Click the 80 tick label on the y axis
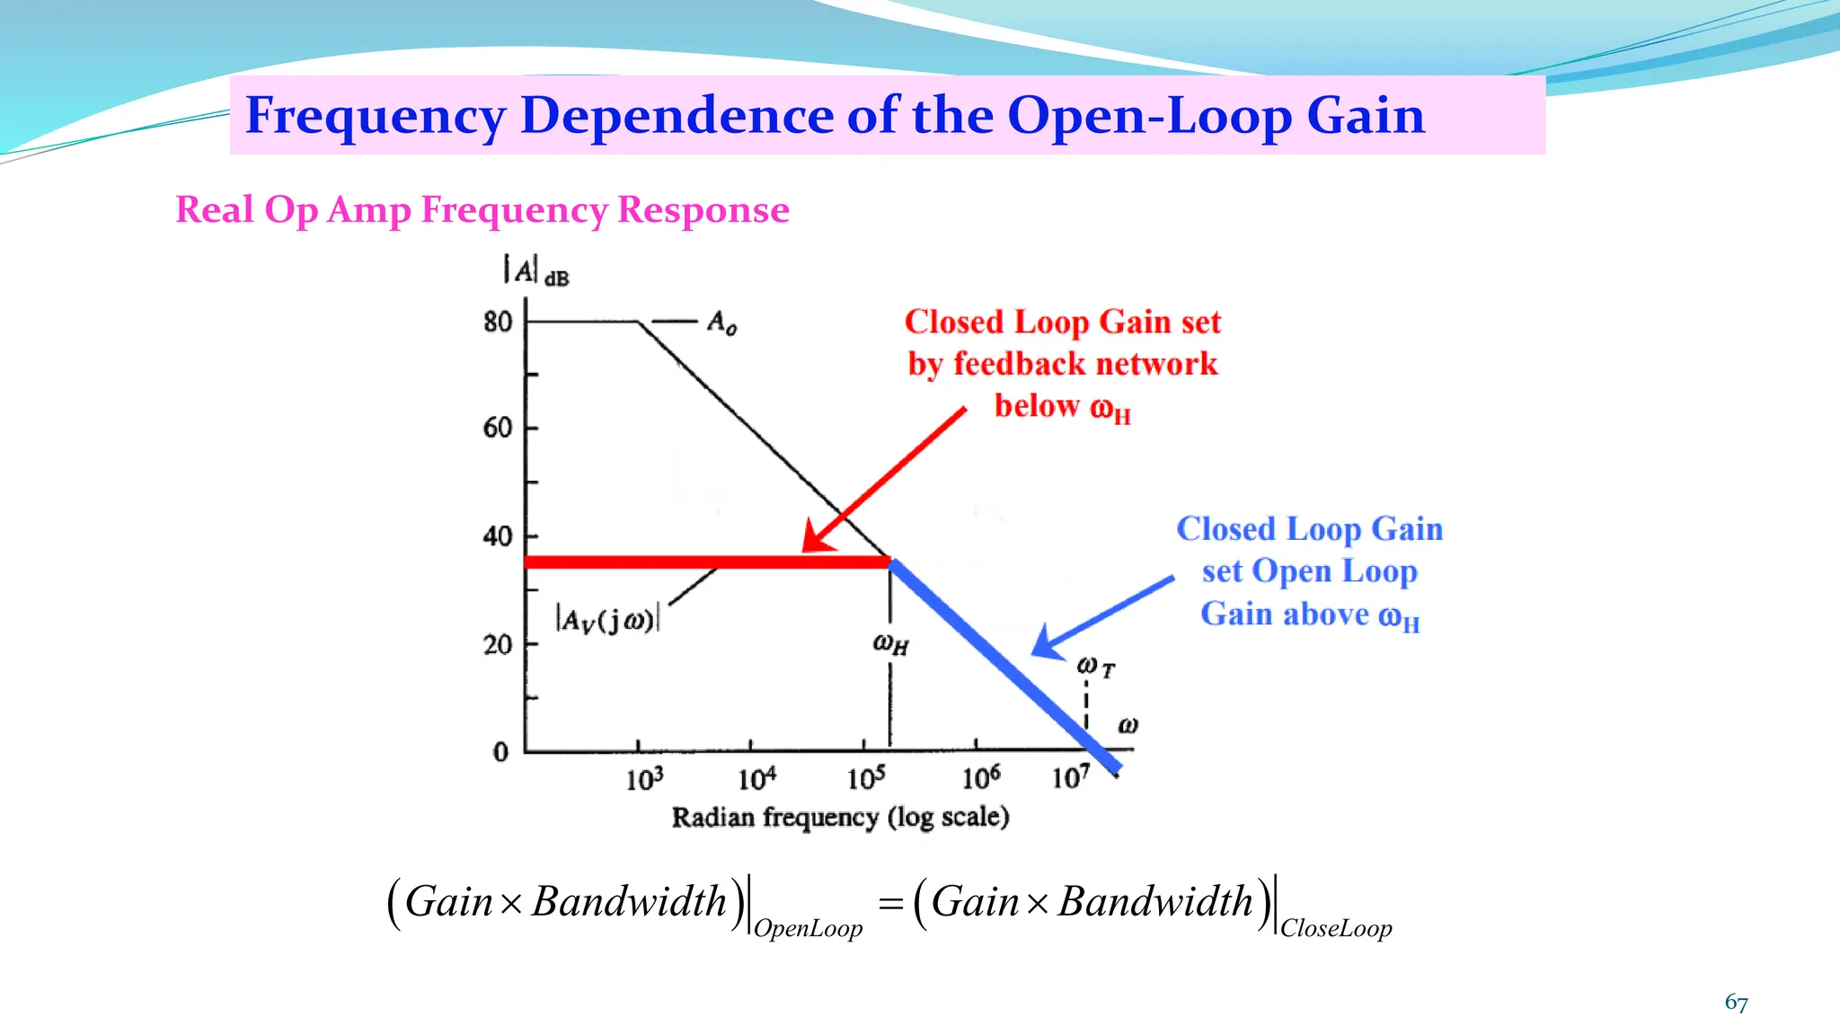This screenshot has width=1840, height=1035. tap(498, 322)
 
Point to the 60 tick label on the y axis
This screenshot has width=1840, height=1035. tap(498, 428)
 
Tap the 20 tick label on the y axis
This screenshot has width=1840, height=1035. tap(498, 645)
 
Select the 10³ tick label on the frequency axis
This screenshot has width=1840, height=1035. tap(644, 778)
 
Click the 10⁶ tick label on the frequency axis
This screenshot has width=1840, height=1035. tap(981, 777)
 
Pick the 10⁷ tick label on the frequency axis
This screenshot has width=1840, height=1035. tap(1071, 776)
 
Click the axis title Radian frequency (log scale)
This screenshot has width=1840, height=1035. tap(840, 818)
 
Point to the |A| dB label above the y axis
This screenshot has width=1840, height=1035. tap(535, 270)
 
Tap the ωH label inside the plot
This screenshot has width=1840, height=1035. tap(890, 644)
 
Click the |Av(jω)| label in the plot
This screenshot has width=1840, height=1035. tap(608, 620)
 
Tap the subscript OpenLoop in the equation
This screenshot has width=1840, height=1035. tap(808, 929)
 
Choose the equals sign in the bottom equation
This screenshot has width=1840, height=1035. tap(890, 904)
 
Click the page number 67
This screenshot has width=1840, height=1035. tap(1736, 1003)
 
